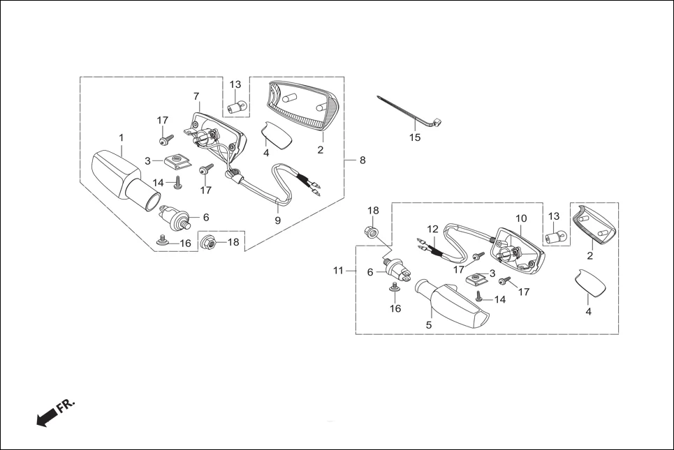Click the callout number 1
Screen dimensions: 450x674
121,137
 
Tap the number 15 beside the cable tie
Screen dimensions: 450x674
415,137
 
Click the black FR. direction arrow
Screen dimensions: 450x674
47,417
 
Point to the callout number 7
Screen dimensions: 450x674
196,96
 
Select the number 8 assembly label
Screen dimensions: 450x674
362,160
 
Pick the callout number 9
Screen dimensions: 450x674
277,220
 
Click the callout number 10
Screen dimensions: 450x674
521,218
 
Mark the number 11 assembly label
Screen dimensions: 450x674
339,271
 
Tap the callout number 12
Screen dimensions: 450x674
433,228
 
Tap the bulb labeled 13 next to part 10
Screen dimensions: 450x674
555,237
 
